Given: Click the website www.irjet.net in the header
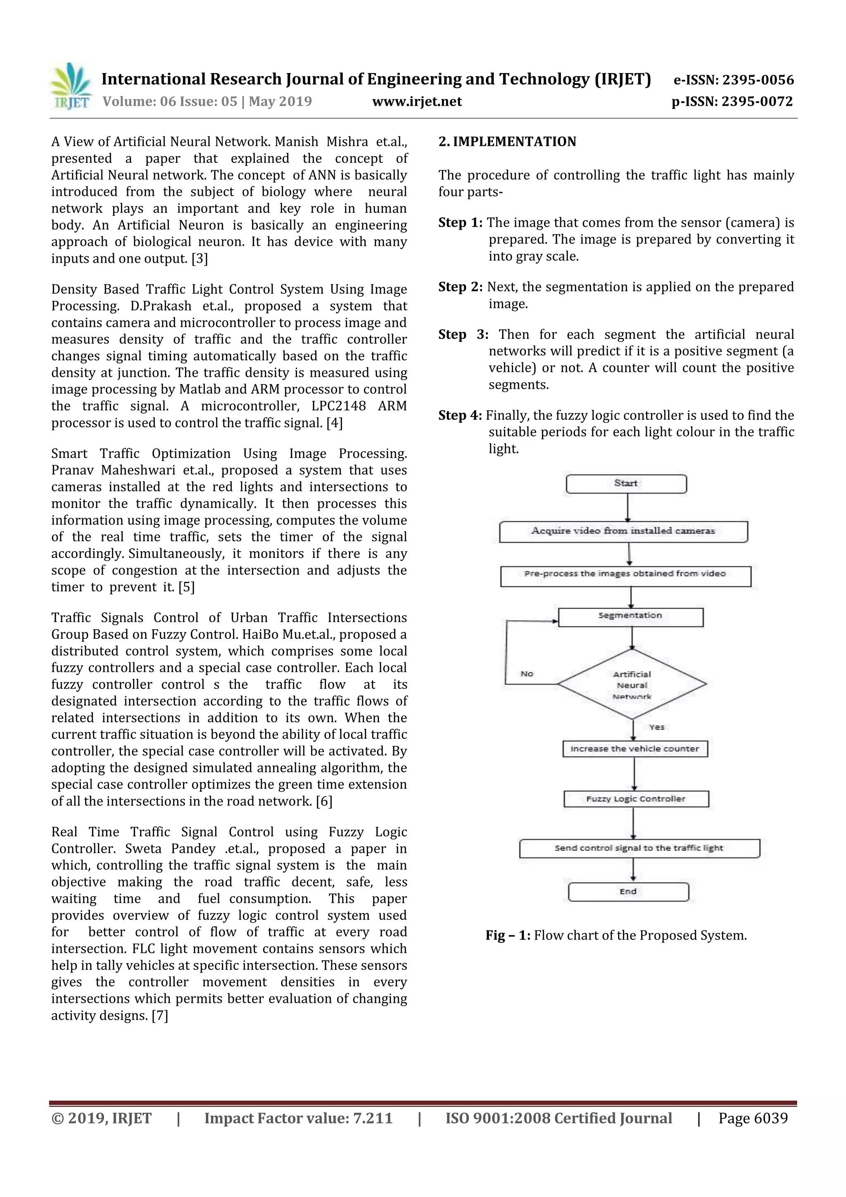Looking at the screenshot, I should (x=416, y=101).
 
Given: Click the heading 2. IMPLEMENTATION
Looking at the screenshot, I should (x=507, y=142).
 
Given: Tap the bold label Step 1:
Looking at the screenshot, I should (x=460, y=223).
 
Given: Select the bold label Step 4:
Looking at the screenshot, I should (x=460, y=416).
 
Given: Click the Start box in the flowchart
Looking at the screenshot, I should (x=625, y=484).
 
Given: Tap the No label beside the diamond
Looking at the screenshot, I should (x=526, y=674).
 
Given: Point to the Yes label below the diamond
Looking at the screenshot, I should (x=656, y=727).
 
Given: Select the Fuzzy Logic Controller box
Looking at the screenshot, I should (x=635, y=799).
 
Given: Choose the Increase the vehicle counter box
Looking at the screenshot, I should (x=634, y=749).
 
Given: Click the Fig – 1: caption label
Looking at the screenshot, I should (x=508, y=935).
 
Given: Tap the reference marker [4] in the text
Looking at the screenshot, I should (x=334, y=423).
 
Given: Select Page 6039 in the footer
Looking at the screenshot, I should (x=753, y=1118).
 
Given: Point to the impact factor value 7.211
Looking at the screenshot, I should (x=372, y=1118).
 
